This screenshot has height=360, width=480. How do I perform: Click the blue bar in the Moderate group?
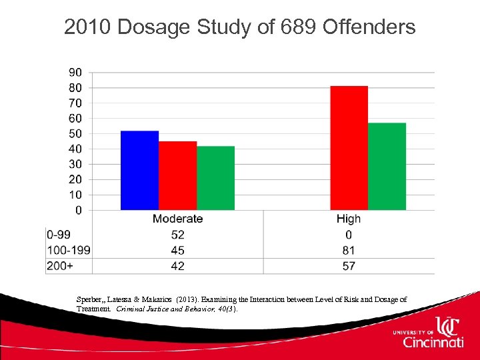(139, 171)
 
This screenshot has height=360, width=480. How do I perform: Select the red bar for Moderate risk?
(177, 176)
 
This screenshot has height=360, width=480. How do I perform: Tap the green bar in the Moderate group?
(215, 178)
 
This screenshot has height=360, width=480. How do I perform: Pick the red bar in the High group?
(349, 148)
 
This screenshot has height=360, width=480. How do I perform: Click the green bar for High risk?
(387, 167)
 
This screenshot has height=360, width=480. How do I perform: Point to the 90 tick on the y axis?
(76, 72)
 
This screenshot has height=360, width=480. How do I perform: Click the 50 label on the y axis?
(76, 133)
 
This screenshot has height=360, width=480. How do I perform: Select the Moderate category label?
(177, 219)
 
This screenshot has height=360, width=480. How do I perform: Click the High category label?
(349, 219)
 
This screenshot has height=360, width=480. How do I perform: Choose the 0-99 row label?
(59, 235)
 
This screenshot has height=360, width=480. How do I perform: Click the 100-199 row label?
(68, 251)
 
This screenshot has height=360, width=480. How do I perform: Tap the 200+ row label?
(59, 266)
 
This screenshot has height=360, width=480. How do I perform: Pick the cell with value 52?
(177, 235)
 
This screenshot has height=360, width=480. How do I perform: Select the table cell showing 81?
(349, 251)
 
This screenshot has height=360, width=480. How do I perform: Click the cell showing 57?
(349, 266)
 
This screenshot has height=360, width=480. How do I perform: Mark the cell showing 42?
(177, 266)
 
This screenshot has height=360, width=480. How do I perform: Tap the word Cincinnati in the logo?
(433, 342)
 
